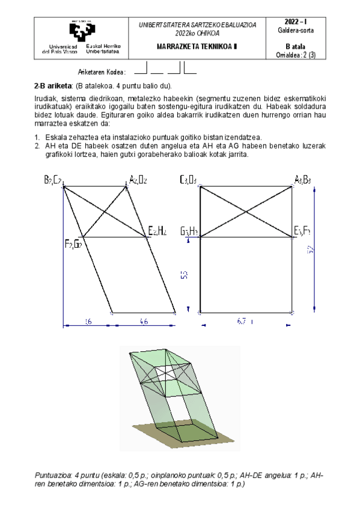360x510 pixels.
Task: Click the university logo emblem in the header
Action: [x=82, y=30]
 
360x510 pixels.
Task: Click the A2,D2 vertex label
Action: [x=138, y=179]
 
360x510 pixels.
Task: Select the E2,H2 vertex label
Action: [x=157, y=231]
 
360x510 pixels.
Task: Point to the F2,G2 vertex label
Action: [x=73, y=243]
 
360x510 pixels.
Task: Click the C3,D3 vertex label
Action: [x=188, y=179]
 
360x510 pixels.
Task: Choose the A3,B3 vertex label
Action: [x=302, y=179]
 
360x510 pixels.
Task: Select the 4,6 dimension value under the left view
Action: [x=144, y=322]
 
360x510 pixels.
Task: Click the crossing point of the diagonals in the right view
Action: [x=246, y=211]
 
